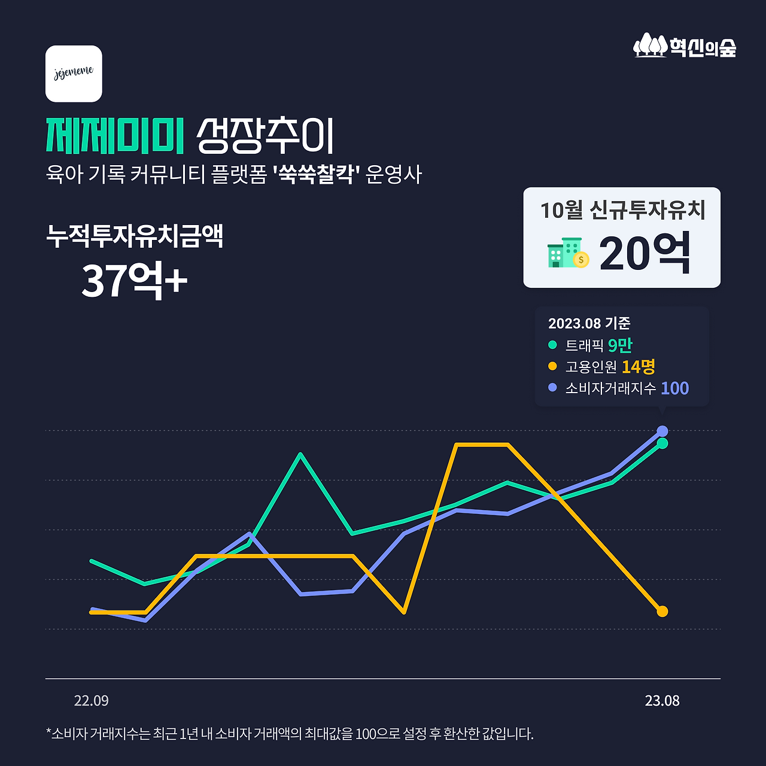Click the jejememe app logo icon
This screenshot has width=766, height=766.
[x=74, y=74]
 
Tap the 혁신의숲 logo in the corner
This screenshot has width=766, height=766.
[x=685, y=46]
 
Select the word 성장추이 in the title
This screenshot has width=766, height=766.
[x=265, y=136]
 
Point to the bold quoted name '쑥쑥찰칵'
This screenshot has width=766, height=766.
[x=315, y=175]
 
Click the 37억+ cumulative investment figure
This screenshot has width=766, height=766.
[x=134, y=280]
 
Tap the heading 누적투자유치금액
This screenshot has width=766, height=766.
[x=135, y=236]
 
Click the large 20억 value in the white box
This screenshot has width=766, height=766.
[x=645, y=254]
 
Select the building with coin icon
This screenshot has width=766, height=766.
[x=568, y=253]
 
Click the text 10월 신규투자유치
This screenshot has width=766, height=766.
[x=622, y=210]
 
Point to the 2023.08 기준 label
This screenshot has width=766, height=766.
[x=589, y=323]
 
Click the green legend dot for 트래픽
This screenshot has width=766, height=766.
[x=552, y=345]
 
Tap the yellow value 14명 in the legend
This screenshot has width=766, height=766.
[x=638, y=366]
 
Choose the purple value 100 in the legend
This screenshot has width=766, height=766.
[x=674, y=388]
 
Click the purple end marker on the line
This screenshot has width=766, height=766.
[x=662, y=431]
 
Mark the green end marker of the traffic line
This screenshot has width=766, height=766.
[x=662, y=443]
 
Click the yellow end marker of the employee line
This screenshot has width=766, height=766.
[x=662, y=612]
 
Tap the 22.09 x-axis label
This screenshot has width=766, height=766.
[x=91, y=701]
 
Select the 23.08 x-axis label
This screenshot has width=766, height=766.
[x=662, y=701]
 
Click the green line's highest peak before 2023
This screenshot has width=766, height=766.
[x=301, y=454]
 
